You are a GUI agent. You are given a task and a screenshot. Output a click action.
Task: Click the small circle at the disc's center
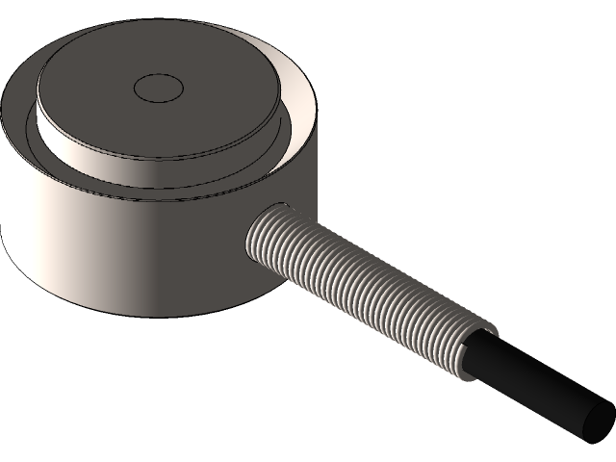(158, 89)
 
